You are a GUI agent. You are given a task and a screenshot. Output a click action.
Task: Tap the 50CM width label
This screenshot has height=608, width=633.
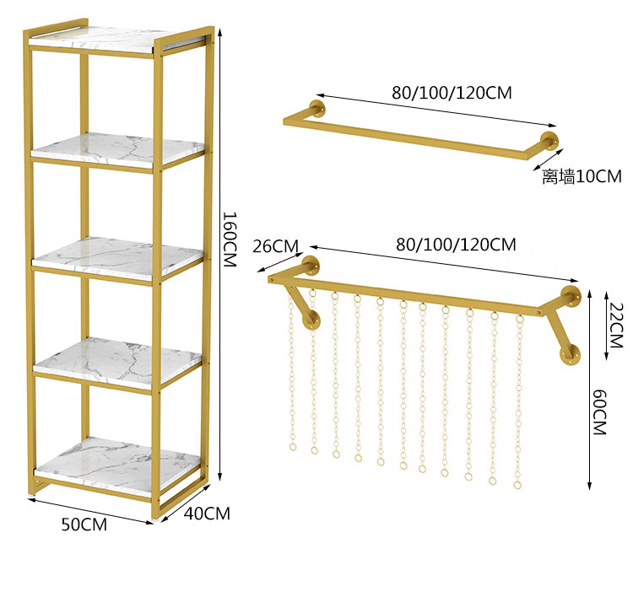(83, 524)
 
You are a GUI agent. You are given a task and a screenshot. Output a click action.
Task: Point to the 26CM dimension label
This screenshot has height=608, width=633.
(275, 246)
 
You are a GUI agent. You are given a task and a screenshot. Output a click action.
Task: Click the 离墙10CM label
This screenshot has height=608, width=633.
(582, 176)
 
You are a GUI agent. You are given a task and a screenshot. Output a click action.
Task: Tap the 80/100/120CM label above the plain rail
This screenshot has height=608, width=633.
(452, 93)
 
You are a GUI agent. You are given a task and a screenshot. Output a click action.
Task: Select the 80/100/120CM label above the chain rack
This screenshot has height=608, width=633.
(456, 245)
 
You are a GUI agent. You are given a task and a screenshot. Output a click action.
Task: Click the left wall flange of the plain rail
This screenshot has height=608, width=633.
(317, 111)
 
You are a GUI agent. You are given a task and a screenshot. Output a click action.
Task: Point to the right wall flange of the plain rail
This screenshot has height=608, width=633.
(550, 142)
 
